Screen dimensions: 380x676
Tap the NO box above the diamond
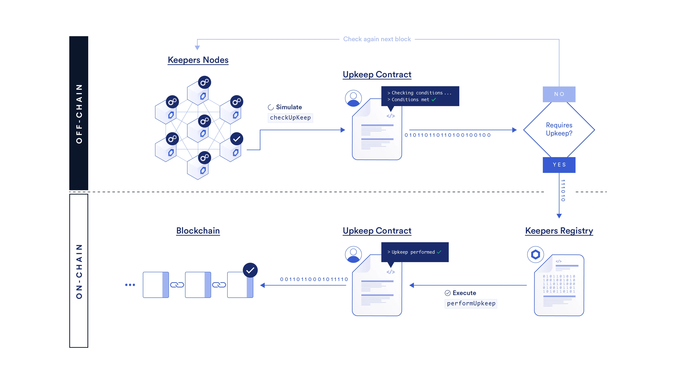click(x=559, y=94)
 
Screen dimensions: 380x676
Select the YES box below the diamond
click(x=559, y=165)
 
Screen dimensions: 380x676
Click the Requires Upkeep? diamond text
click(x=559, y=129)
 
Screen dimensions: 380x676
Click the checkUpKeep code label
click(x=290, y=118)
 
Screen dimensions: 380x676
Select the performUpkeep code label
click(x=471, y=303)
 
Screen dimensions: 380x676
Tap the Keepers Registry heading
click(x=559, y=231)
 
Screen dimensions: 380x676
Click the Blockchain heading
click(x=198, y=231)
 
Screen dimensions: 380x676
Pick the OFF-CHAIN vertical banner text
click(x=79, y=113)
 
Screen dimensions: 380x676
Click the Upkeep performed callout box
click(x=415, y=252)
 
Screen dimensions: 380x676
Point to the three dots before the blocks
click(x=130, y=285)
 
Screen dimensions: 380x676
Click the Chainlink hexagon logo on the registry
click(x=535, y=254)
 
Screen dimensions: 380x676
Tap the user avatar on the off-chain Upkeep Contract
click(x=353, y=98)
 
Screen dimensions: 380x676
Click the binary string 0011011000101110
click(x=314, y=279)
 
